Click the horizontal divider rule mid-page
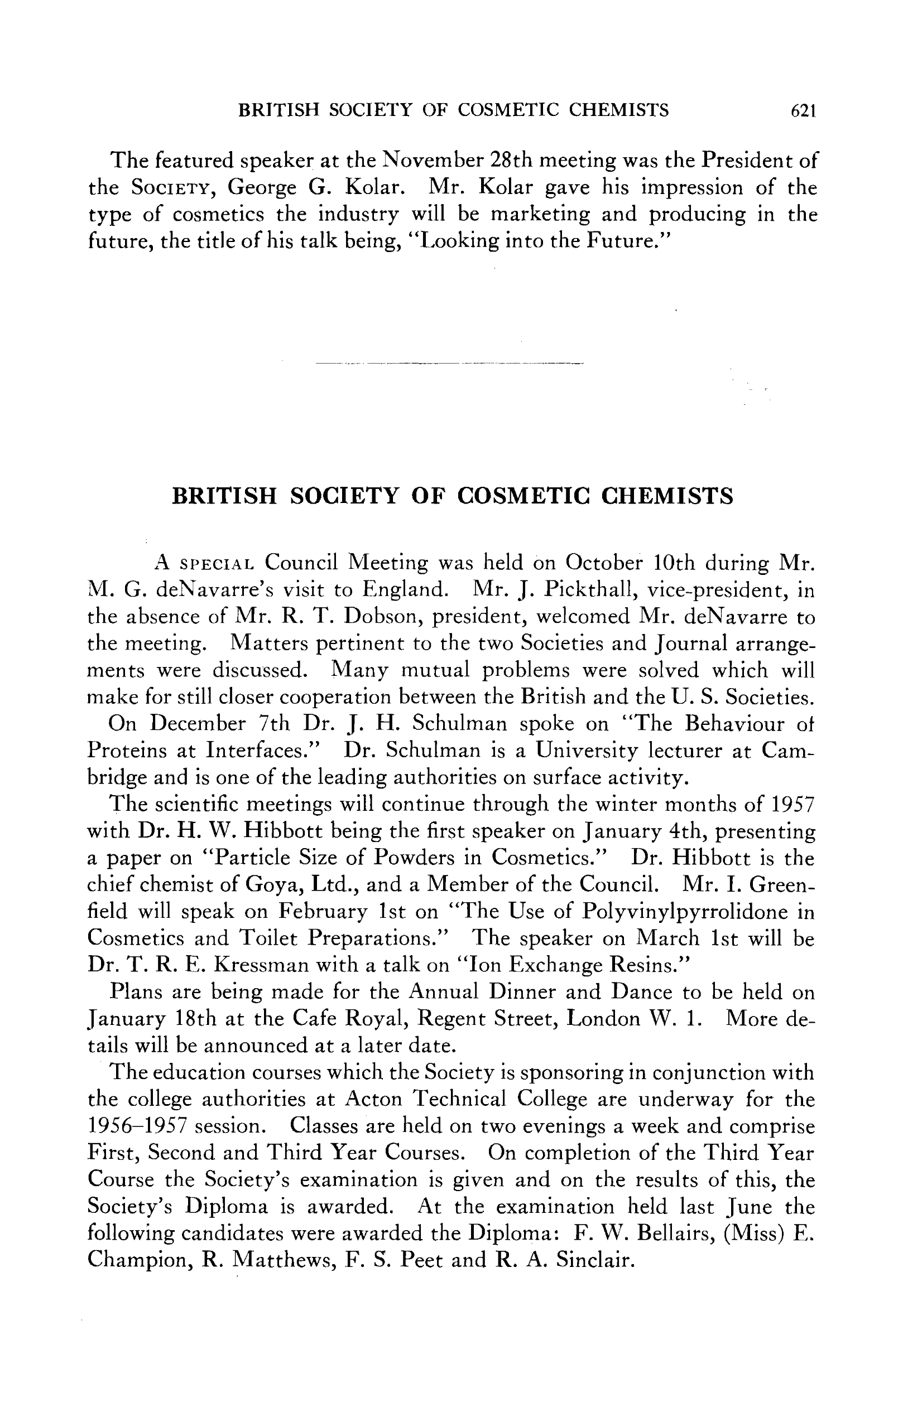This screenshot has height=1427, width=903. tap(449, 362)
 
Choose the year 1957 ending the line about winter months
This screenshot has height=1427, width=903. tap(792, 804)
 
